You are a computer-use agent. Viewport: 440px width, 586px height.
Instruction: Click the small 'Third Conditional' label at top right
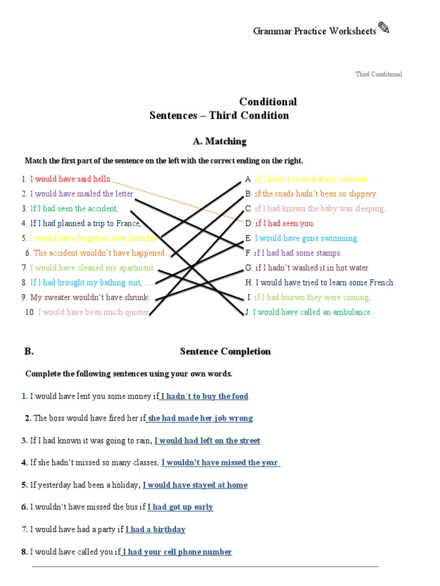pos(378,74)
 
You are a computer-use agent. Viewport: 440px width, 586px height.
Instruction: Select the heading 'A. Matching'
pos(219,141)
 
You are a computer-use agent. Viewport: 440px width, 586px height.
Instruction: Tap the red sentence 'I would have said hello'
pos(70,179)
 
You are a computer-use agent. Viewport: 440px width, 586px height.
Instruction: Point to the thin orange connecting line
pos(189,203)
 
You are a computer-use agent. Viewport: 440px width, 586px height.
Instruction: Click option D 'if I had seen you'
pos(284,223)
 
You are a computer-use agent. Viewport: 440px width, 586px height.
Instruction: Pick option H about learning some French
pos(324,282)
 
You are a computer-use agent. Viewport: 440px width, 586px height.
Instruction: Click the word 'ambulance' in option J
pos(353,312)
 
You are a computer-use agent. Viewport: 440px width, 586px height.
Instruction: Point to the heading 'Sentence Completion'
pos(225,351)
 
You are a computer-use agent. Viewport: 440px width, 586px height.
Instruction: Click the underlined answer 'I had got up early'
pos(180,507)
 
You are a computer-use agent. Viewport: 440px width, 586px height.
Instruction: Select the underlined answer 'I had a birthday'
pos(155,529)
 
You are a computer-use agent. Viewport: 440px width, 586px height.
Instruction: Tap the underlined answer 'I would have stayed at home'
pos(195,485)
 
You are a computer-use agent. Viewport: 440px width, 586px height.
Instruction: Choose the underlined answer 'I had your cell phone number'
pos(177,552)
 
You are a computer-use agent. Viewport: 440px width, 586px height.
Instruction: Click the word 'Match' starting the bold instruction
pos(36,161)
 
